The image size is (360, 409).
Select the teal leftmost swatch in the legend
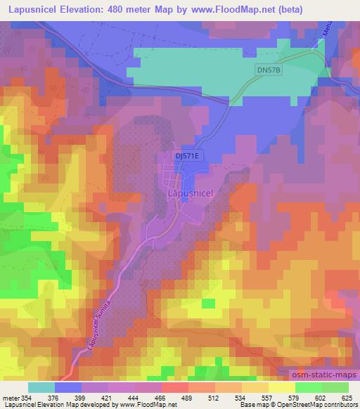[x=41, y=388]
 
